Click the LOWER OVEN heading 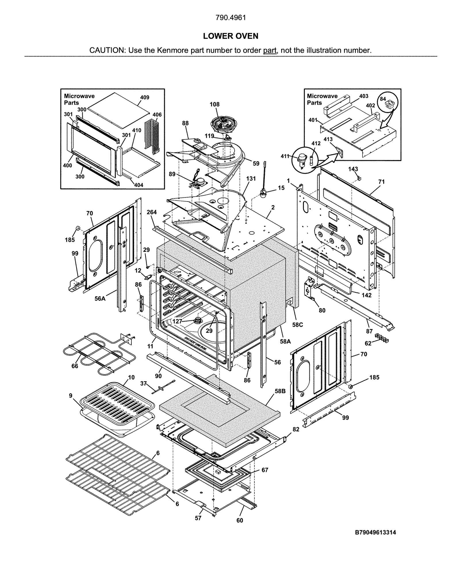coord(230,36)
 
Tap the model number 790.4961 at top coord(230,18)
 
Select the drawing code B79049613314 coord(375,532)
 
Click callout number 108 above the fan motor coord(214,104)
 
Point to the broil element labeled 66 coord(92,353)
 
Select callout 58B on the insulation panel coord(280,391)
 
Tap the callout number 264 coord(152,212)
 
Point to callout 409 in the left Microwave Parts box coord(145,97)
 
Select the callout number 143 coord(353,169)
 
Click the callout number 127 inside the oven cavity coord(177,321)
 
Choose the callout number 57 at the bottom coord(198,518)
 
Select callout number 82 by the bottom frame coord(296,429)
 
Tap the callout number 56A coord(100,298)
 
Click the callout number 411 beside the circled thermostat coord(285,156)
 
